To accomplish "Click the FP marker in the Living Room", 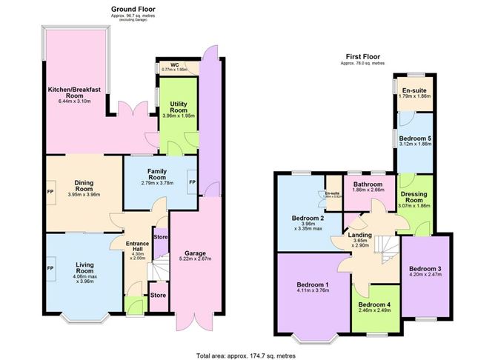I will click(x=50, y=267).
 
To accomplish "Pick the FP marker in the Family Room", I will click(x=192, y=182).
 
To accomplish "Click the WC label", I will click(x=175, y=64).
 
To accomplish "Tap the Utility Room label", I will click(x=177, y=107).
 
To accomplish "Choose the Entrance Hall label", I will click(x=138, y=245).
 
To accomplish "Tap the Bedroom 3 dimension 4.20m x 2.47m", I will click(x=425, y=275).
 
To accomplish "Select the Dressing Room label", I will click(x=415, y=196).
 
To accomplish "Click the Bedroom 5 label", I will click(x=414, y=139).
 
